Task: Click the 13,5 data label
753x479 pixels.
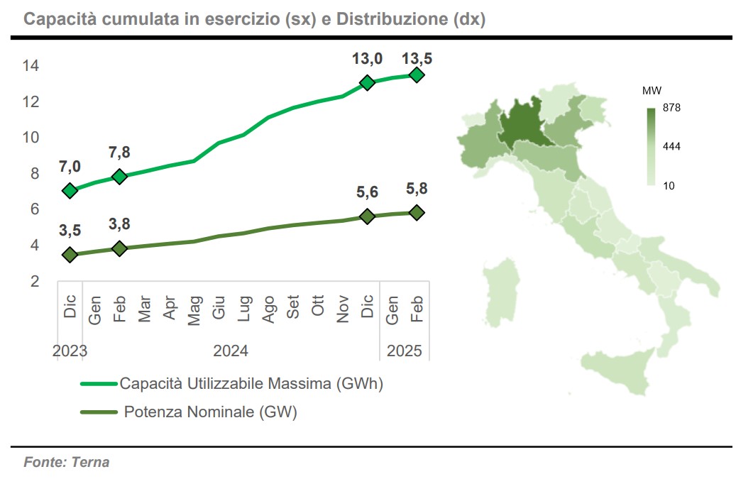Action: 417,59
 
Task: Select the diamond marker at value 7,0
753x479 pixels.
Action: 70,191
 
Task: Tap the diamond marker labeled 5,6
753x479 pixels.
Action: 368,216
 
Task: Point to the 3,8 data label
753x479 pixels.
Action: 119,224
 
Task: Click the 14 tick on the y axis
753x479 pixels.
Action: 31,65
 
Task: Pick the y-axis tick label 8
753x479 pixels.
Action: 35,172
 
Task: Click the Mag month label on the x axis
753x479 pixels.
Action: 194,311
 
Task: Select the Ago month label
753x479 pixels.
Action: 268,309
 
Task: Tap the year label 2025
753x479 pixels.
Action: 405,351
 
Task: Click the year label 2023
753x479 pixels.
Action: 70,351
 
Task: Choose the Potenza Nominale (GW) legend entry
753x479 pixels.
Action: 189,412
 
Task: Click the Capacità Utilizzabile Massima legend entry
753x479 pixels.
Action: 232,383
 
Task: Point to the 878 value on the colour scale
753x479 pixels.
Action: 671,108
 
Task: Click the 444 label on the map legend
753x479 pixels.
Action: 671,146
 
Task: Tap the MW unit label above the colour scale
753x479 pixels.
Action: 652,91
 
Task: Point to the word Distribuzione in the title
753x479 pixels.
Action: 392,18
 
